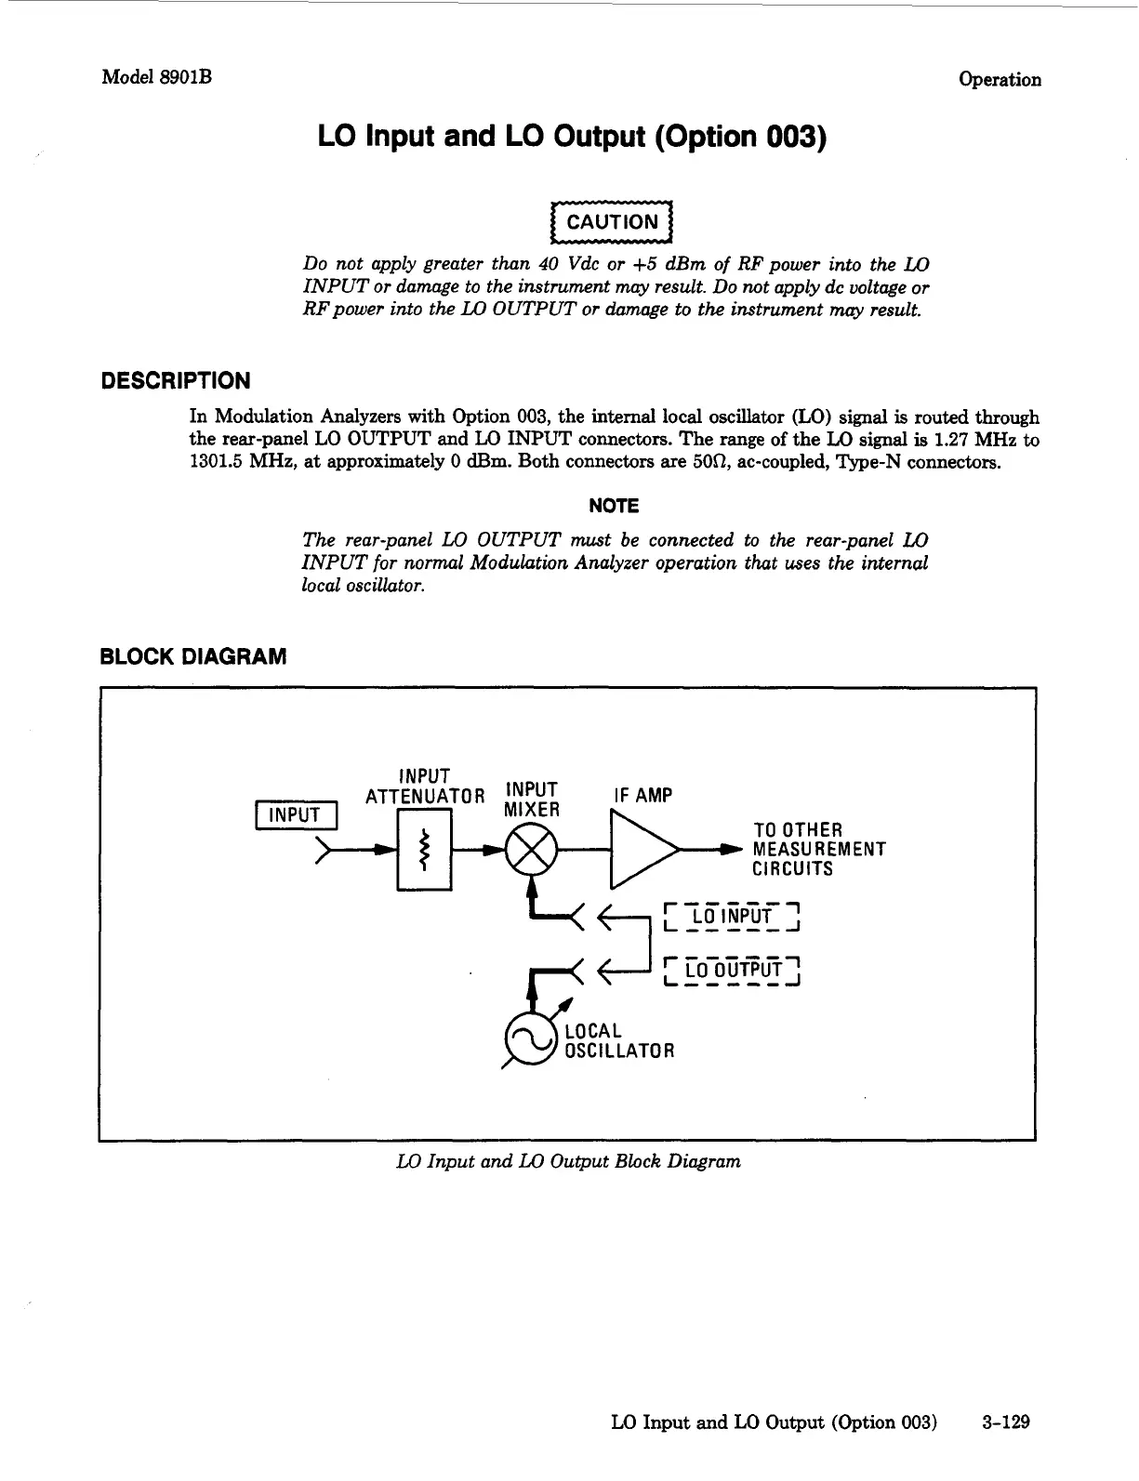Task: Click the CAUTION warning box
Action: tap(611, 221)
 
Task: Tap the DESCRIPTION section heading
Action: tap(175, 381)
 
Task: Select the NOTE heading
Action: tap(614, 506)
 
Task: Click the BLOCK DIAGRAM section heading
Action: tap(193, 656)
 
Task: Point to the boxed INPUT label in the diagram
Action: tap(295, 815)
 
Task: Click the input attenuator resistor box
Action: tap(424, 850)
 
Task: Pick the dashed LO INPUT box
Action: tap(734, 917)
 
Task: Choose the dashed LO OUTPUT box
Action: tap(734, 971)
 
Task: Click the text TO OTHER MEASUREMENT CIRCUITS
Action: tap(818, 850)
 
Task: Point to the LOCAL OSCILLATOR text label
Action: tap(618, 1041)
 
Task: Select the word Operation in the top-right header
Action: tap(1000, 79)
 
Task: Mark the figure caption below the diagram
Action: tap(568, 1161)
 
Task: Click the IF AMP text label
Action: tap(642, 796)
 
